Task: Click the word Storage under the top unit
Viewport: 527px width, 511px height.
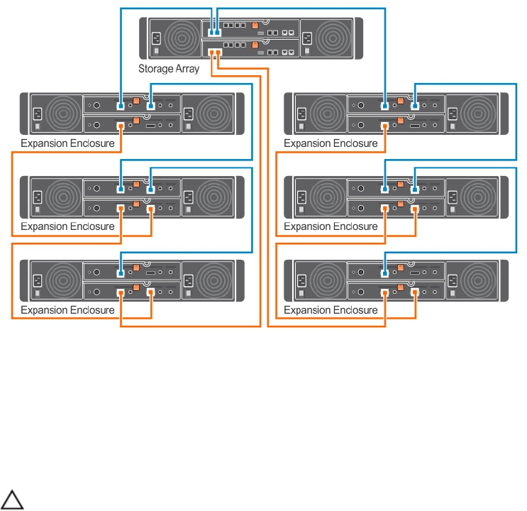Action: coord(156,69)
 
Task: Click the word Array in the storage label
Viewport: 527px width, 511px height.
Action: coord(187,69)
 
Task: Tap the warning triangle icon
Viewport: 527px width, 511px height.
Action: coord(13,500)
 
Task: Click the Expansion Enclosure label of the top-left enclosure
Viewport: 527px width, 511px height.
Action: coord(67,143)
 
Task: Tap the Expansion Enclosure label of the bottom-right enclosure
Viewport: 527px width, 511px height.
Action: coord(331,310)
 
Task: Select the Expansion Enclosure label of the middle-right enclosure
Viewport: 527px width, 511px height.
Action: coord(331,226)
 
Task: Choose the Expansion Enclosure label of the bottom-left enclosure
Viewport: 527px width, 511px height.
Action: coord(67,310)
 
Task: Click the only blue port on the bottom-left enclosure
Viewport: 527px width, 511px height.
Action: coord(121,272)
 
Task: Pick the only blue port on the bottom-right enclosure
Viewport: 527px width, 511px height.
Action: coord(384,272)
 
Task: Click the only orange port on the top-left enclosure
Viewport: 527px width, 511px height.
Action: coord(121,126)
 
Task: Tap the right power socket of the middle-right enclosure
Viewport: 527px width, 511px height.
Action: coord(451,196)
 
